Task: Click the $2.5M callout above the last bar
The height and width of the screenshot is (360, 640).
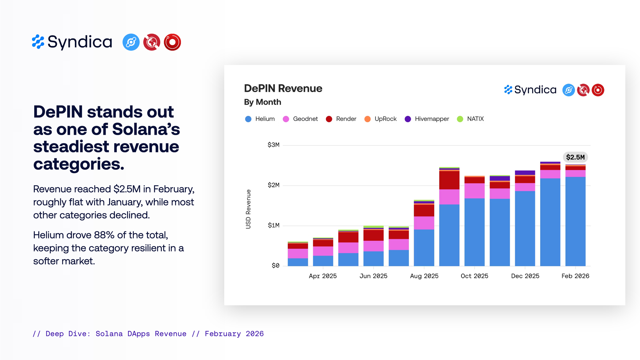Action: click(x=575, y=157)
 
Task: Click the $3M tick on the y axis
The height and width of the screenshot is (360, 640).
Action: click(x=274, y=145)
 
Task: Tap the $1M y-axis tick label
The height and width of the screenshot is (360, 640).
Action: click(x=274, y=226)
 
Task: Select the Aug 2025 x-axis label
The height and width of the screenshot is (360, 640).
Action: click(x=424, y=276)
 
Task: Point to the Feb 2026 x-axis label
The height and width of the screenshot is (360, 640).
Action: click(x=575, y=276)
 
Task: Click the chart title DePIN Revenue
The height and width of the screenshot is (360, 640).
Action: click(x=283, y=89)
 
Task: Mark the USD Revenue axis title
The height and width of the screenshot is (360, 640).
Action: click(x=248, y=209)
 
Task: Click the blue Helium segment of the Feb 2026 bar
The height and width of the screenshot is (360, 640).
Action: click(x=575, y=221)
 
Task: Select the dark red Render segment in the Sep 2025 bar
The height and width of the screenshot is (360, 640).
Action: click(x=449, y=180)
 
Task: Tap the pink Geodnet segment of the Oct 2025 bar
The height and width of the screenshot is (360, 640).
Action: click(x=474, y=191)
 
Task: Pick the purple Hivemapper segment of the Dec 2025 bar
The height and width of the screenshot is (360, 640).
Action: click(x=525, y=172)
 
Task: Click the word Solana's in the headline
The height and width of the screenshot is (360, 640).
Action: click(x=146, y=129)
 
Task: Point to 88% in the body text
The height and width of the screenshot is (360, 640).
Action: click(x=104, y=235)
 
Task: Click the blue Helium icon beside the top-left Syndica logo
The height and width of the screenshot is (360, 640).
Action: click(x=131, y=42)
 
